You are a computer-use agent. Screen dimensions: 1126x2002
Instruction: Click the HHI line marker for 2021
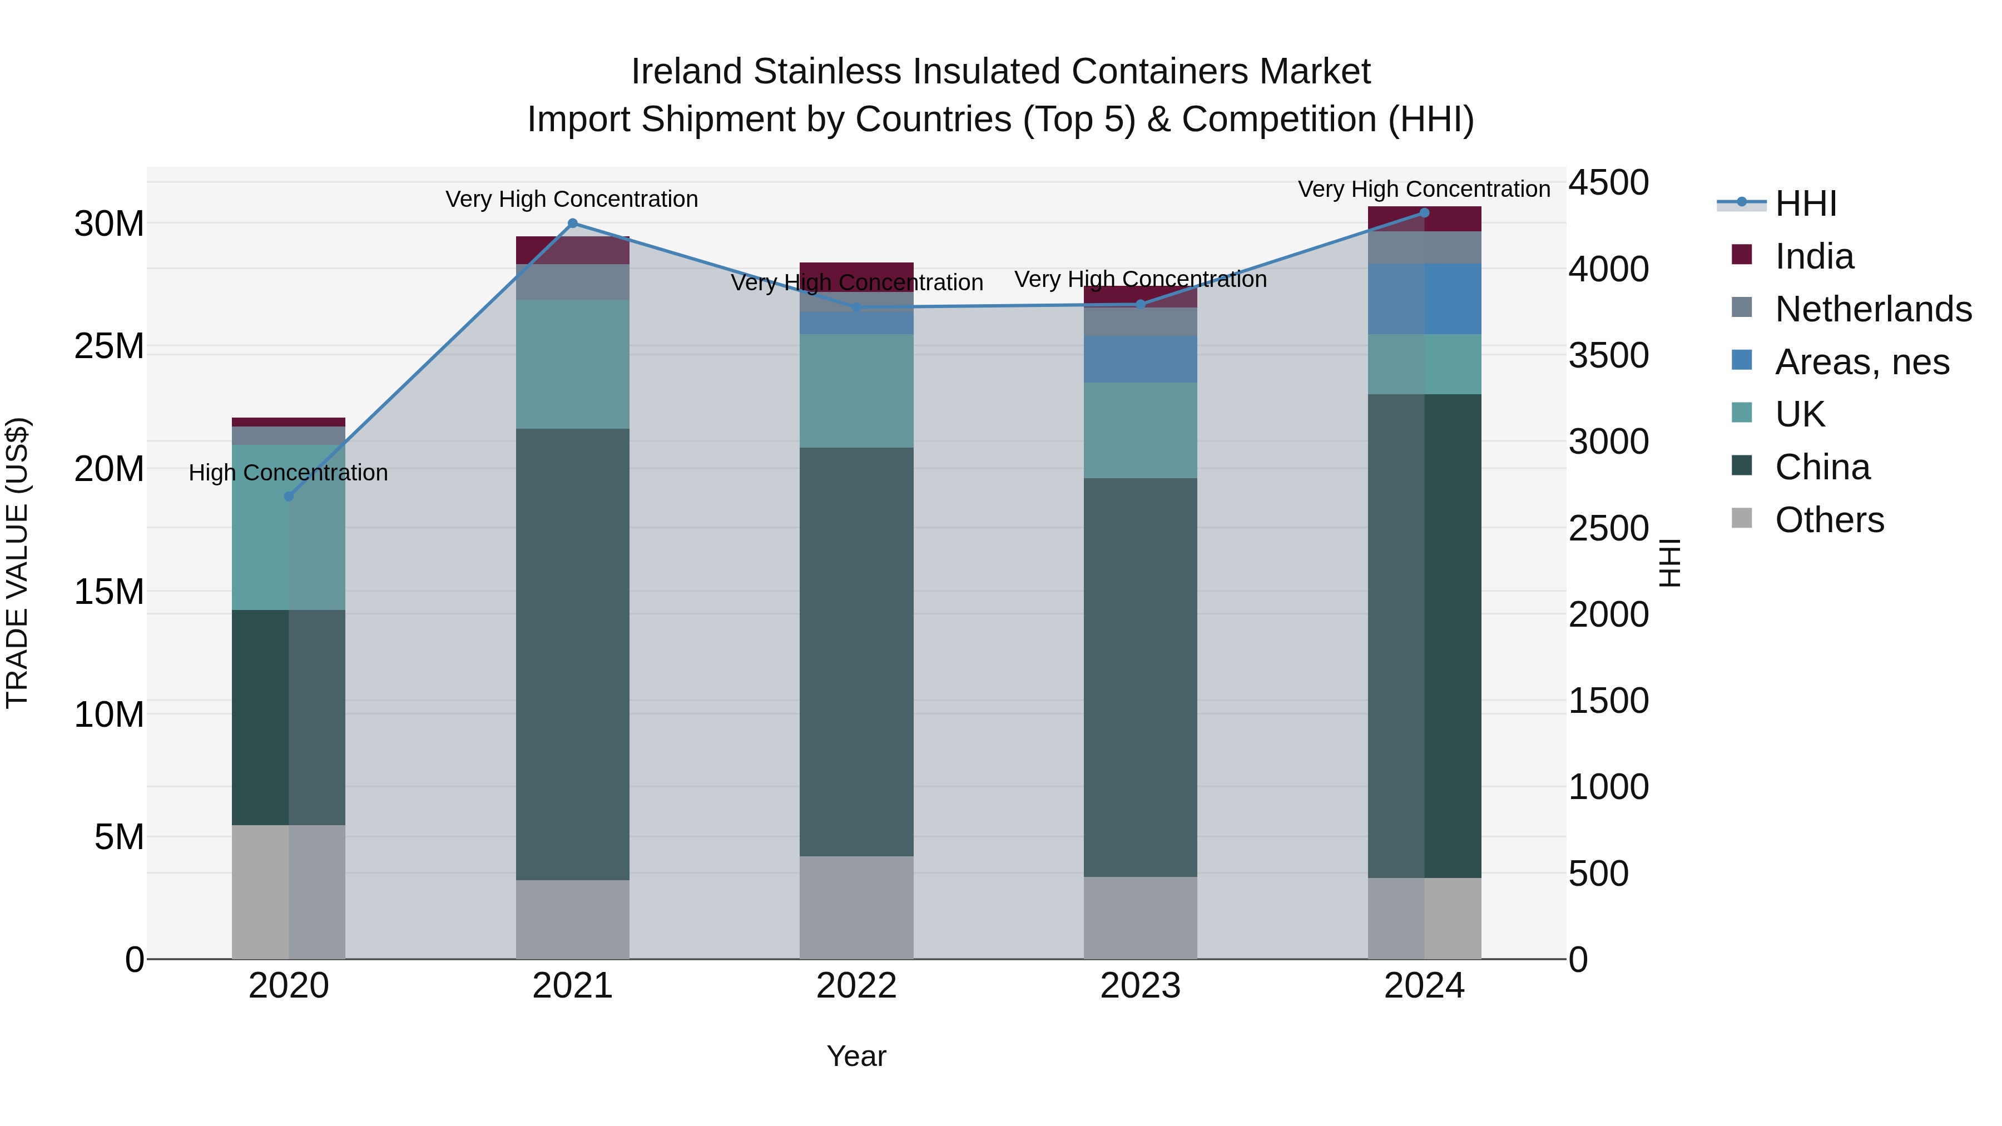[573, 224]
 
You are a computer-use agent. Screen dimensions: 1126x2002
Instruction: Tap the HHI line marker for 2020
[289, 497]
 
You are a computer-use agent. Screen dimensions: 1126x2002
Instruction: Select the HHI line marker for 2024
[1425, 213]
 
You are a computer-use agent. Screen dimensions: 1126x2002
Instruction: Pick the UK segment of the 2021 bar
[573, 364]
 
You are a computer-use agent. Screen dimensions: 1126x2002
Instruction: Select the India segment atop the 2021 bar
[573, 250]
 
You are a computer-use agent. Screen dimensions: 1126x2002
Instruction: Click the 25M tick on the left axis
[109, 346]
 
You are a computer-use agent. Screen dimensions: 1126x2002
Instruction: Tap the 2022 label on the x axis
[856, 986]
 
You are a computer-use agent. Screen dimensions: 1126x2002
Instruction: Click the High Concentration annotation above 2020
[288, 473]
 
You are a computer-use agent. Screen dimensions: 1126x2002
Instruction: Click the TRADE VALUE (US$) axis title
[17, 563]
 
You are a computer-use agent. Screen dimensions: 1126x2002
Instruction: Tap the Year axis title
[856, 1056]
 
